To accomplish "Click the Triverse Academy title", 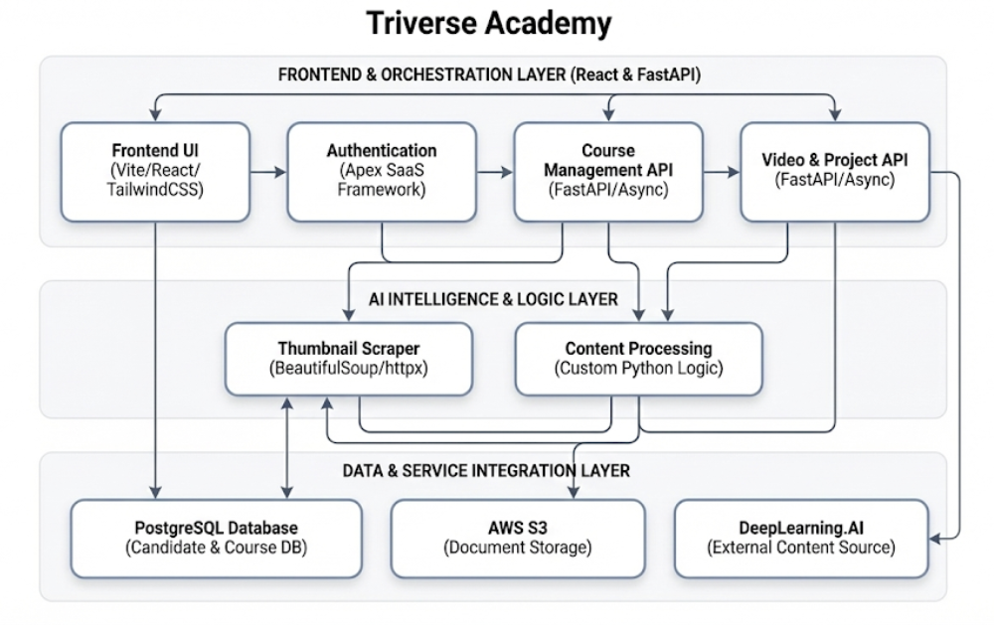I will coord(489,23).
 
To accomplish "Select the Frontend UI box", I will coord(155,171).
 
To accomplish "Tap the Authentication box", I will coord(381,171).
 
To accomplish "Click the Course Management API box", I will coord(607,171).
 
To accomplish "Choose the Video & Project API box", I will coord(834,171).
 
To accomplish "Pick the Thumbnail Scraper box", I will coord(348,358).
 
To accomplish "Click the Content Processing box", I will coord(638,358).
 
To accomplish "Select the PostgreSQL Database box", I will coord(216,538).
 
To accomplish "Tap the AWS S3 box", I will coord(517,538).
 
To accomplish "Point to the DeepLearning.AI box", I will coord(800,538).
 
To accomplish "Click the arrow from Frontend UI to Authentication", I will coord(267,172).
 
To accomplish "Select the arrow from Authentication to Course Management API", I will coord(494,172).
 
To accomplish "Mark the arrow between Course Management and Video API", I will coord(722,172).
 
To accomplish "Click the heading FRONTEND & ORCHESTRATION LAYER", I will coord(489,75).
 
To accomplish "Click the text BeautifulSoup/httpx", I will coord(348,368).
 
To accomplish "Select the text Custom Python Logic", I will coord(638,368).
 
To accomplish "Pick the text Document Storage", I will coord(517,548).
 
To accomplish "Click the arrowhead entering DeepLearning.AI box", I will coord(935,538).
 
